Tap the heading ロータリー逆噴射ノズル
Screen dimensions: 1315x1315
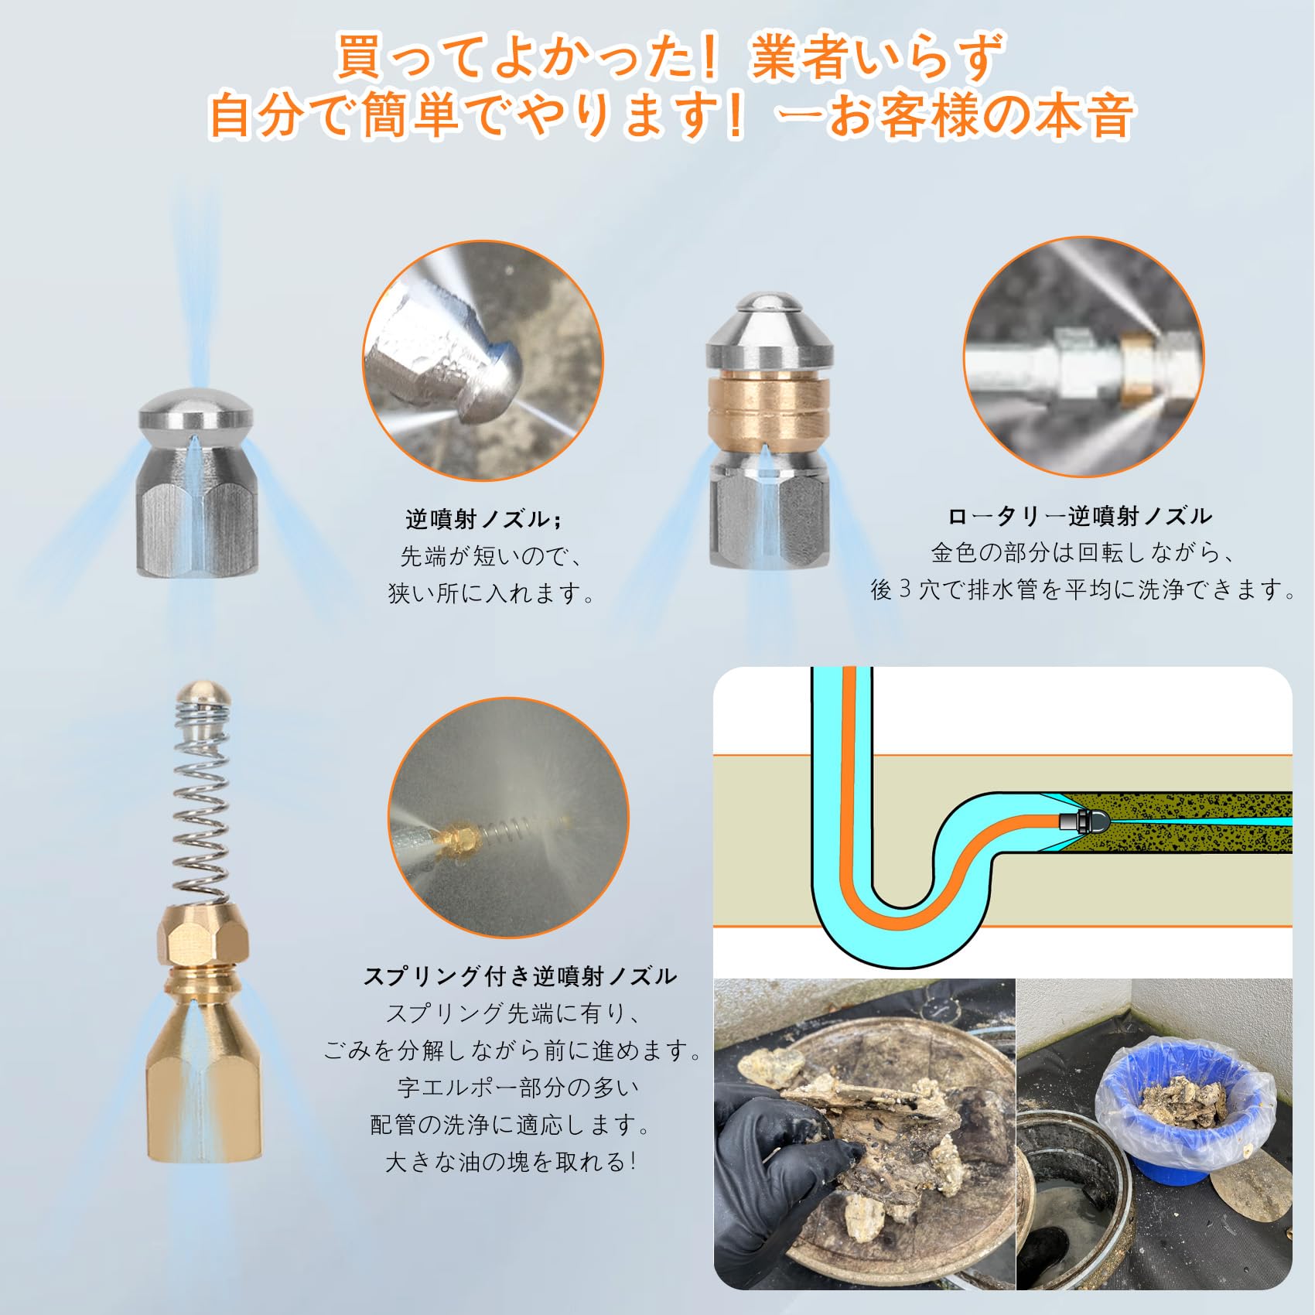click(1080, 516)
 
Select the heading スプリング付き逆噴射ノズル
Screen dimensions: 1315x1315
click(520, 976)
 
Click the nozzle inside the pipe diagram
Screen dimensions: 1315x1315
click(1081, 821)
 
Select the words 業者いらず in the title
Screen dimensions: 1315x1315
click(876, 57)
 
